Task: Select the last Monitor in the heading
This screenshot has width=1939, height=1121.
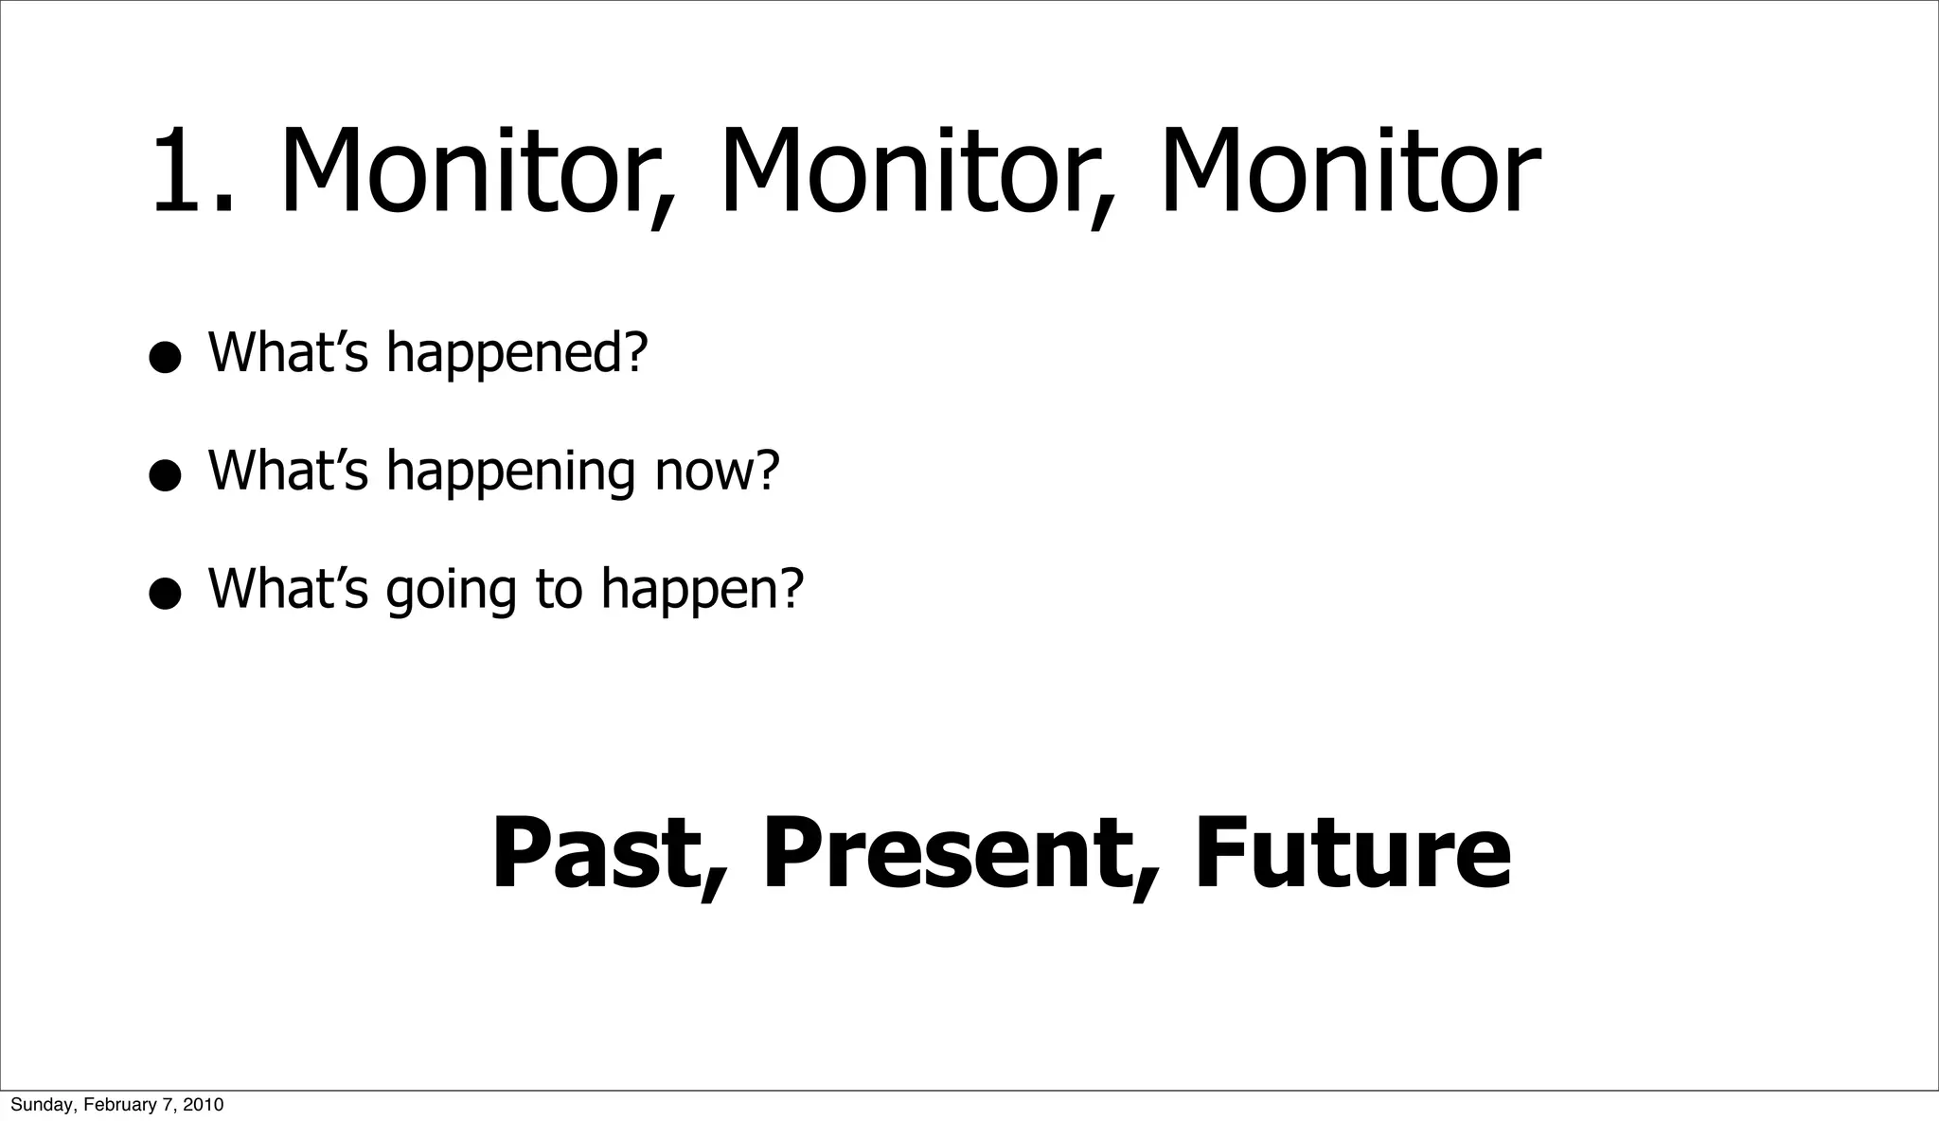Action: (x=1350, y=174)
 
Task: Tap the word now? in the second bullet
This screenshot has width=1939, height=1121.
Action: (x=717, y=471)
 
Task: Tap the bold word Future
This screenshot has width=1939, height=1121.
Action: (x=1352, y=855)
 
